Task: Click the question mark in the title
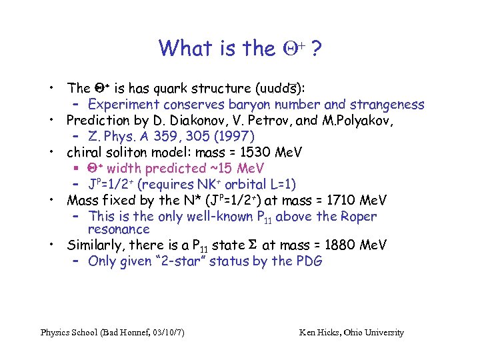312,49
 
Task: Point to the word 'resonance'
119,229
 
